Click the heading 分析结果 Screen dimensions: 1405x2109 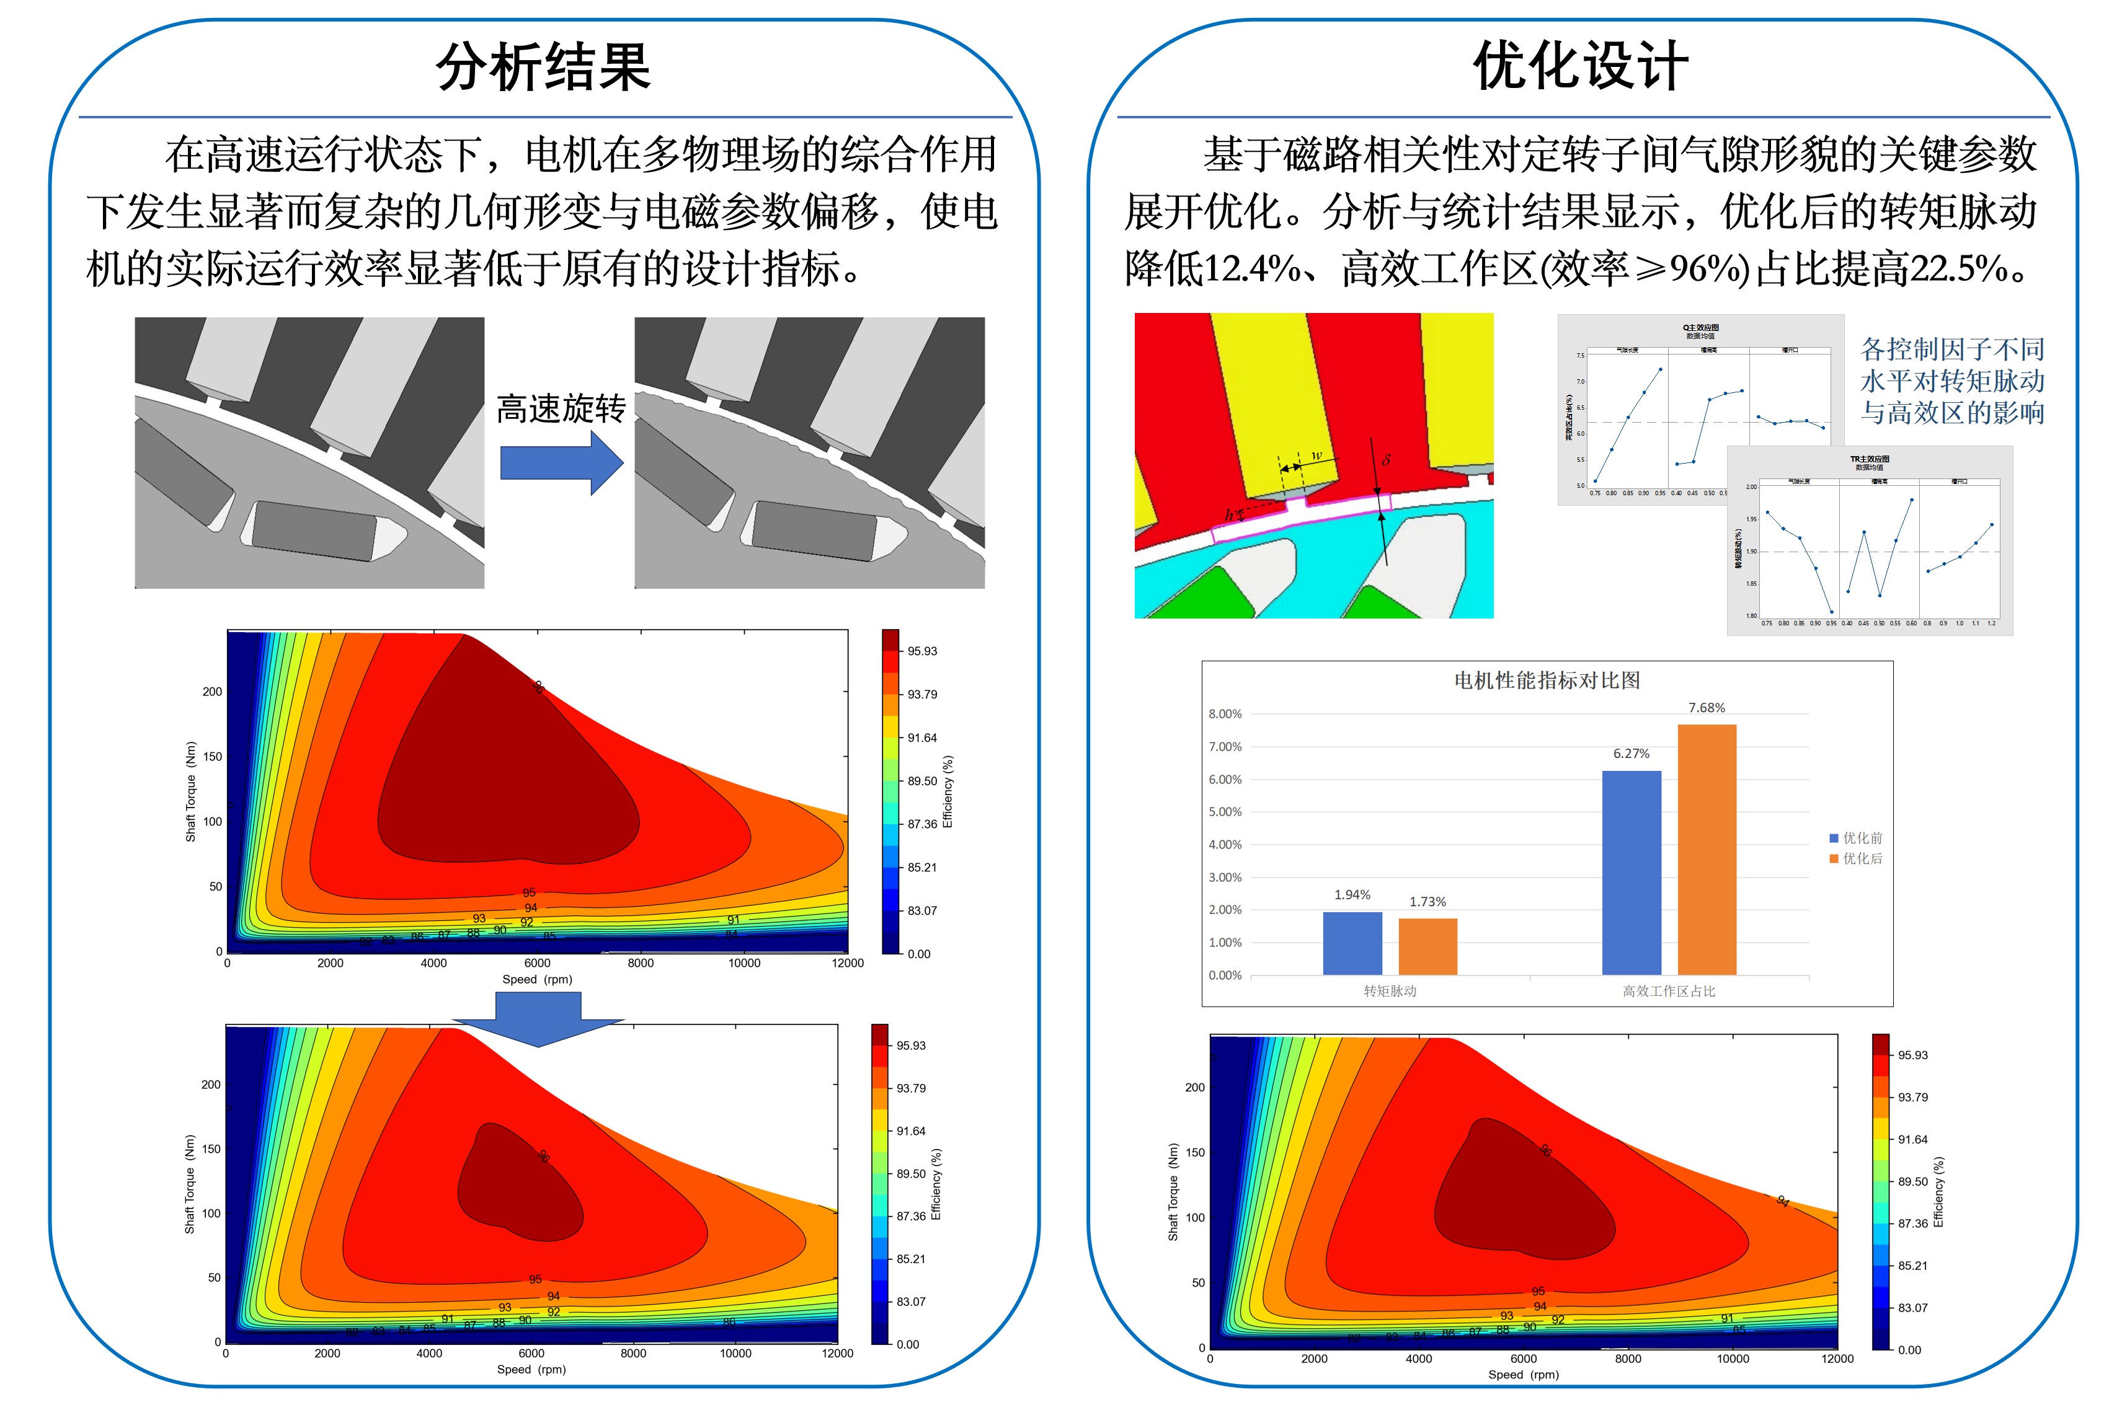click(543, 67)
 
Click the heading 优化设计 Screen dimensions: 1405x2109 click(1579, 67)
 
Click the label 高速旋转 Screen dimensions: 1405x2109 click(561, 408)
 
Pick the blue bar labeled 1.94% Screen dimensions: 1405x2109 click(1352, 943)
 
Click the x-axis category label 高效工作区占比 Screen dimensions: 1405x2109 click(1668, 991)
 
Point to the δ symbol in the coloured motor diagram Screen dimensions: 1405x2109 click(1386, 460)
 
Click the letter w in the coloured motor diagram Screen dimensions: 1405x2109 click(1316, 456)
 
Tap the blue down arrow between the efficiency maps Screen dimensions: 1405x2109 click(538, 1031)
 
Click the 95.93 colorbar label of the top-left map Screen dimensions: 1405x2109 click(921, 651)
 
